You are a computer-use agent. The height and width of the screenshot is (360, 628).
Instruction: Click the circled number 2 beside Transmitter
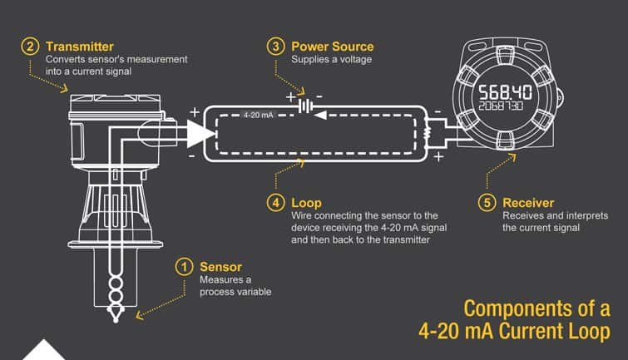30,47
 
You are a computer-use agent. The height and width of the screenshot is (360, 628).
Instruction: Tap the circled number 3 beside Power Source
275,47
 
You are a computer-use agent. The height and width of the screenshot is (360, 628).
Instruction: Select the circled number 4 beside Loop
275,203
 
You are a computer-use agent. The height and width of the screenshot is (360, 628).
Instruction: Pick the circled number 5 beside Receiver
487,203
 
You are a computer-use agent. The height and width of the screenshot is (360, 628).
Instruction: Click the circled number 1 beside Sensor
184,267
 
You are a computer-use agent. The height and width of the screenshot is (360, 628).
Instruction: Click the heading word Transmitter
80,47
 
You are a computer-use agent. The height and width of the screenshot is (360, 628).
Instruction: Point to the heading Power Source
333,47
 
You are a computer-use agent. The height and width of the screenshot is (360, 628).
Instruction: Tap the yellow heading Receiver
528,203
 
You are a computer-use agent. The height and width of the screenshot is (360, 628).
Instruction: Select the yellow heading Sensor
220,267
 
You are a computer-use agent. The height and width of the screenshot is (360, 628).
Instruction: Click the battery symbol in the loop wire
306,106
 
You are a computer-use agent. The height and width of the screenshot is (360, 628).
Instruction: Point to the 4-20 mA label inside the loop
259,116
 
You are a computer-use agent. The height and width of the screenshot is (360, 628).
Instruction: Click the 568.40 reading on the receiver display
506,92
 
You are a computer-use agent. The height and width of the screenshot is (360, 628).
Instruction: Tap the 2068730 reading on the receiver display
501,106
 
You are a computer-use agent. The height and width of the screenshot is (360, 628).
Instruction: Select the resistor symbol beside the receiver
427,133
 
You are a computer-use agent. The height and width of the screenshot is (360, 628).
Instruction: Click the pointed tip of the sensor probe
116,320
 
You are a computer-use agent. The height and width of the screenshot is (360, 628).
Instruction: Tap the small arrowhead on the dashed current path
320,116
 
